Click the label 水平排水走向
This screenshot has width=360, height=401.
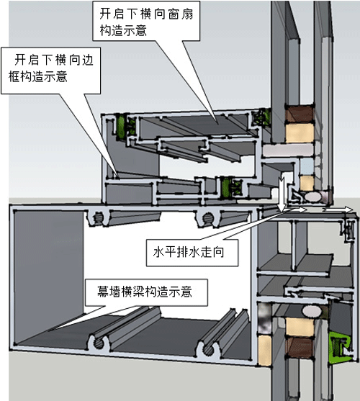coord(189,253)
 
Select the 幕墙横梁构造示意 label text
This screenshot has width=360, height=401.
coord(145,292)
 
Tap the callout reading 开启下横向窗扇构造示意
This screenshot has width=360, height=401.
coord(146,22)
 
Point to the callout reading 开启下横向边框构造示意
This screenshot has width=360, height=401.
coord(51,68)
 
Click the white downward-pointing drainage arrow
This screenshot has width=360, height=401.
coord(282,192)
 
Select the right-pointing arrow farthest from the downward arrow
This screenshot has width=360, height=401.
coord(338,209)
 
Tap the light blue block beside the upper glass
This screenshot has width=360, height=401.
coord(307,166)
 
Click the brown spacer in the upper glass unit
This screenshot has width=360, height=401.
coord(299,114)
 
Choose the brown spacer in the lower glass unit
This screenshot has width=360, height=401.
coord(299,346)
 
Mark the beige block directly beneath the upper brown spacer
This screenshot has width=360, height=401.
coord(300,133)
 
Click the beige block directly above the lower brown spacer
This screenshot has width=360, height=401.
coord(300,327)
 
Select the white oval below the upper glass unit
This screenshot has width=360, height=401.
coord(312,197)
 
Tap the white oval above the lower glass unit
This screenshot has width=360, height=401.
coord(312,311)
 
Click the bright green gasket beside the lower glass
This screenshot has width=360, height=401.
coord(339,347)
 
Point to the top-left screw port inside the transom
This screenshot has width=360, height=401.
coord(98,218)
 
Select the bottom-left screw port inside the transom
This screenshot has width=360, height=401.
coord(99,343)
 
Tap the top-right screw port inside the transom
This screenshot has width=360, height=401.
coord(208,218)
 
